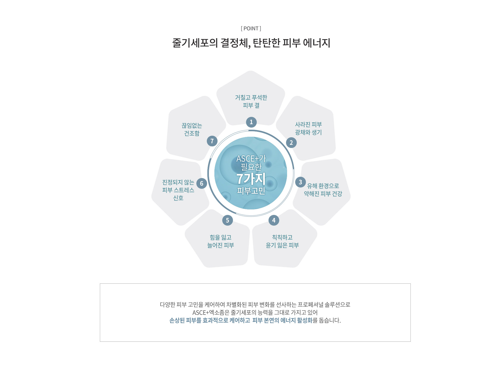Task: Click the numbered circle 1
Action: pyautogui.click(x=251, y=122)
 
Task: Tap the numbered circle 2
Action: pyautogui.click(x=291, y=143)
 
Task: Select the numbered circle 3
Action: pyautogui.click(x=300, y=182)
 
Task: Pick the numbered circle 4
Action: pyautogui.click(x=274, y=220)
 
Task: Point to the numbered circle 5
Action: pyautogui.click(x=227, y=220)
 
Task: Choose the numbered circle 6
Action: pyautogui.click(x=202, y=184)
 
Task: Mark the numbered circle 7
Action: pyautogui.click(x=212, y=141)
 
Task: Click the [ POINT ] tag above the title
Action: pyautogui.click(x=251, y=28)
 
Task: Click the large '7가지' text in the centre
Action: pyautogui.click(x=251, y=179)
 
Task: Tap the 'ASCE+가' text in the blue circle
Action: pyautogui.click(x=251, y=158)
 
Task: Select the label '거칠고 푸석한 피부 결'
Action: pyautogui.click(x=251, y=101)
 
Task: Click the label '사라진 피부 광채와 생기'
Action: pyautogui.click(x=309, y=128)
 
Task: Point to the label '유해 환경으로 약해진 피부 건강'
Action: pyautogui.click(x=323, y=190)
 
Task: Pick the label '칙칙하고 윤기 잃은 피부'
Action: pyautogui.click(x=282, y=241)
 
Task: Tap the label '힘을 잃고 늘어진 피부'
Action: pyautogui.click(x=221, y=241)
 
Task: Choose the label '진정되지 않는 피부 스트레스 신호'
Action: pyautogui.click(x=178, y=190)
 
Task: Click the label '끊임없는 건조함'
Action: pyautogui.click(x=192, y=129)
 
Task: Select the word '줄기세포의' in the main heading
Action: pyautogui.click(x=195, y=43)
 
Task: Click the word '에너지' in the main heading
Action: pyautogui.click(x=317, y=43)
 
